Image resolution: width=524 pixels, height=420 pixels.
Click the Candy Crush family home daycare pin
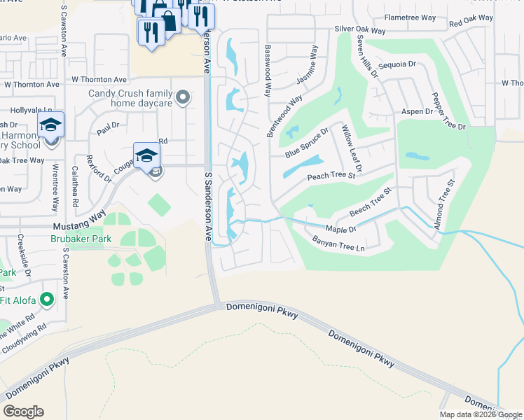[183, 97]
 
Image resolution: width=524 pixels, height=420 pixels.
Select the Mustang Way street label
[79, 227]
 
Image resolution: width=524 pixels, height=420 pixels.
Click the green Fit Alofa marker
[47, 300]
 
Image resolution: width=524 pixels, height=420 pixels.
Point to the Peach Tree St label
[331, 177]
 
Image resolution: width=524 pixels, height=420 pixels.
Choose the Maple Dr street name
[341, 229]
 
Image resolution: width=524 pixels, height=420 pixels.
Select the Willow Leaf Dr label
[350, 149]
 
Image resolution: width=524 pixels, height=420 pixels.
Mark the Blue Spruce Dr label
[307, 143]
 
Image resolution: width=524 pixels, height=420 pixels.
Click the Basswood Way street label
[268, 71]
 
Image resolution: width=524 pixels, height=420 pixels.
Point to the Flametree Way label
[410, 17]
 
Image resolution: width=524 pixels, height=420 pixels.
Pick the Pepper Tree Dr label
[448, 111]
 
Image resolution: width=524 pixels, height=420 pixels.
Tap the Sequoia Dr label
[397, 64]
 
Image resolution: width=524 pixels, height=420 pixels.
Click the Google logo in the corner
[23, 412]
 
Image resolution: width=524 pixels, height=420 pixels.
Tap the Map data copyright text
[480, 414]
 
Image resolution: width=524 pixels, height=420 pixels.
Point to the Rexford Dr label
[98, 168]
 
